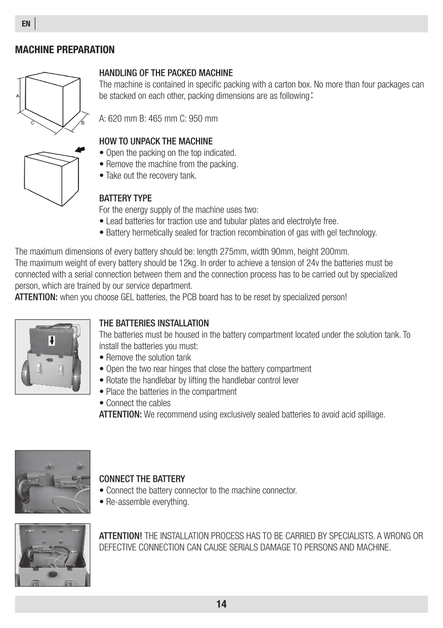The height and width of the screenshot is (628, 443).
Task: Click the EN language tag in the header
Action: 26,24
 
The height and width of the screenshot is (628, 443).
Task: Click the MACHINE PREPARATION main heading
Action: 65,50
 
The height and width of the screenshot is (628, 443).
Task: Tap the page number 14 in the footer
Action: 221,604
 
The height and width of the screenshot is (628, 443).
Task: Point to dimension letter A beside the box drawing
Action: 18,95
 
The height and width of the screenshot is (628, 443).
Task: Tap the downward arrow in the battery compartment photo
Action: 52,341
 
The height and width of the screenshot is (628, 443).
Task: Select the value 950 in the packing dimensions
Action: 193,118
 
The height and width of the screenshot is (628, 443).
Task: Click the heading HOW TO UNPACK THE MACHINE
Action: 156,141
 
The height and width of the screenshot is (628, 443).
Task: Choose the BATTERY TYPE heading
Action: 125,197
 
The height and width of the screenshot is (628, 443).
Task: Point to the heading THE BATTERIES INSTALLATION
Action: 154,323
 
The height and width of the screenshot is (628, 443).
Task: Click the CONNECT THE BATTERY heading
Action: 142,479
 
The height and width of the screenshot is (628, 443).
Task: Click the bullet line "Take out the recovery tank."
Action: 151,176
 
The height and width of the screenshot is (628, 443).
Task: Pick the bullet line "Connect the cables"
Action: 138,403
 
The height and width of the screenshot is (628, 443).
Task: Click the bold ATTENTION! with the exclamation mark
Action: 120,536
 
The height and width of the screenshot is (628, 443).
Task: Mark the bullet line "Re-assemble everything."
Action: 147,502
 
